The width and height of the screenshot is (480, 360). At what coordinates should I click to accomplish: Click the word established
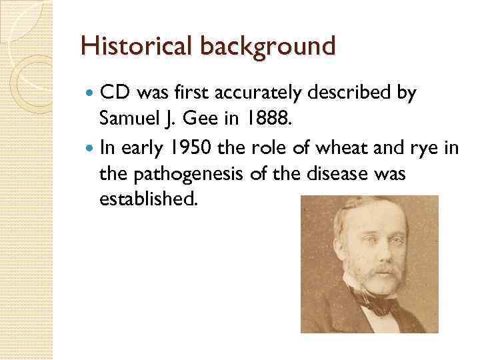(148, 198)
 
